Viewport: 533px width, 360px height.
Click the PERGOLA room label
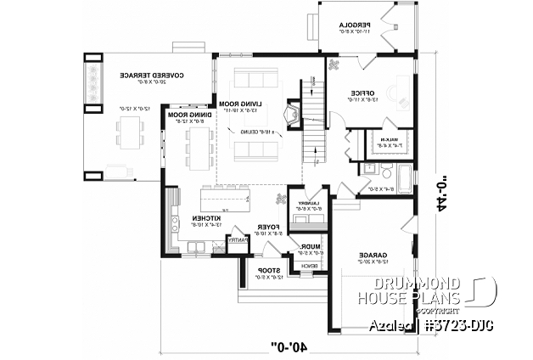(x=351, y=27)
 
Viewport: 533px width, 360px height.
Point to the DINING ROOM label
(x=188, y=115)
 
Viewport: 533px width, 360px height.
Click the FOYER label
(x=269, y=228)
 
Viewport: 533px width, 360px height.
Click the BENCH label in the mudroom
(x=309, y=265)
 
